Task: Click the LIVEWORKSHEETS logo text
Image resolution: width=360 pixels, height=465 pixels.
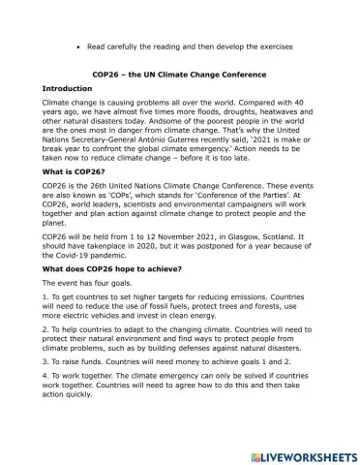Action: click(x=303, y=454)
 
